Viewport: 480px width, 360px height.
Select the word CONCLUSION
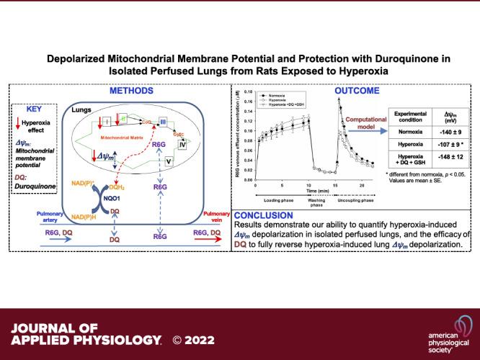pos(265,215)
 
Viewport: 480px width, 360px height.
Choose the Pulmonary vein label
pos(214,216)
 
